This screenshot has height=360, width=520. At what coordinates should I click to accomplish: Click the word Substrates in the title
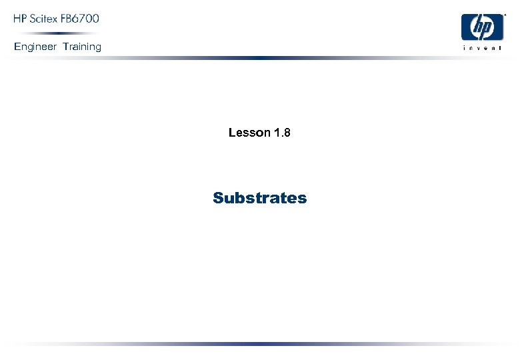pyautogui.click(x=260, y=198)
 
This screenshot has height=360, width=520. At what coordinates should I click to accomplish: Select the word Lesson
pyautogui.click(x=249, y=133)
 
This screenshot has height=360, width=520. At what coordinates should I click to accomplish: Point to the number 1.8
pyautogui.click(x=282, y=133)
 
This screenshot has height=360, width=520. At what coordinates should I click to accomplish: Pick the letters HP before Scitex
pyautogui.click(x=21, y=19)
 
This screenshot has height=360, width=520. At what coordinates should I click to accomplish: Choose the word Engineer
pyautogui.click(x=35, y=47)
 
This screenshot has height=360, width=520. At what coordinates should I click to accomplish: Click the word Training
pyautogui.click(x=82, y=47)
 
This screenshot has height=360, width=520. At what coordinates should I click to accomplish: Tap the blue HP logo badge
pyautogui.click(x=482, y=27)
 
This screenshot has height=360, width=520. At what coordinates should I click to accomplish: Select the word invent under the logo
pyautogui.click(x=482, y=48)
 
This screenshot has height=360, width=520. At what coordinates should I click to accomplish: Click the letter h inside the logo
pyautogui.click(x=477, y=27)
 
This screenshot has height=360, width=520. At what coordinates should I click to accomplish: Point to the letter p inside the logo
pyautogui.click(x=487, y=29)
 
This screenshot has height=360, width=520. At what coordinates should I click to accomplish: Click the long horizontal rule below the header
pyautogui.click(x=260, y=58)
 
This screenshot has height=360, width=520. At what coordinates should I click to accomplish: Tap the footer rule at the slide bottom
pyautogui.click(x=260, y=344)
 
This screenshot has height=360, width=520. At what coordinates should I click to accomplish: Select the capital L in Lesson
pyautogui.click(x=232, y=133)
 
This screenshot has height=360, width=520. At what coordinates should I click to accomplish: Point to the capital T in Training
pyautogui.click(x=66, y=47)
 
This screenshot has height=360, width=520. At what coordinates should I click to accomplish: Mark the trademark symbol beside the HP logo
pyautogui.click(x=505, y=13)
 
